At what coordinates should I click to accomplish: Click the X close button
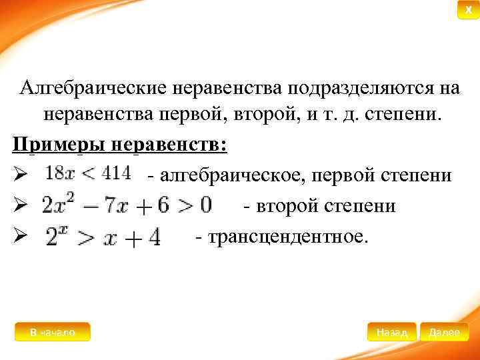[468, 11]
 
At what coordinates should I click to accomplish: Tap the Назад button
[391, 332]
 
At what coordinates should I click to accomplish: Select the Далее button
[444, 332]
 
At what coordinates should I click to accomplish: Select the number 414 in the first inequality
[117, 173]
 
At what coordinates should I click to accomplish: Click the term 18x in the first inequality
[59, 173]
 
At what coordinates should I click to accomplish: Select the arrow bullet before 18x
[19, 175]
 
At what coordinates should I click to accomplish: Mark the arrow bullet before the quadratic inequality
[19, 206]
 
